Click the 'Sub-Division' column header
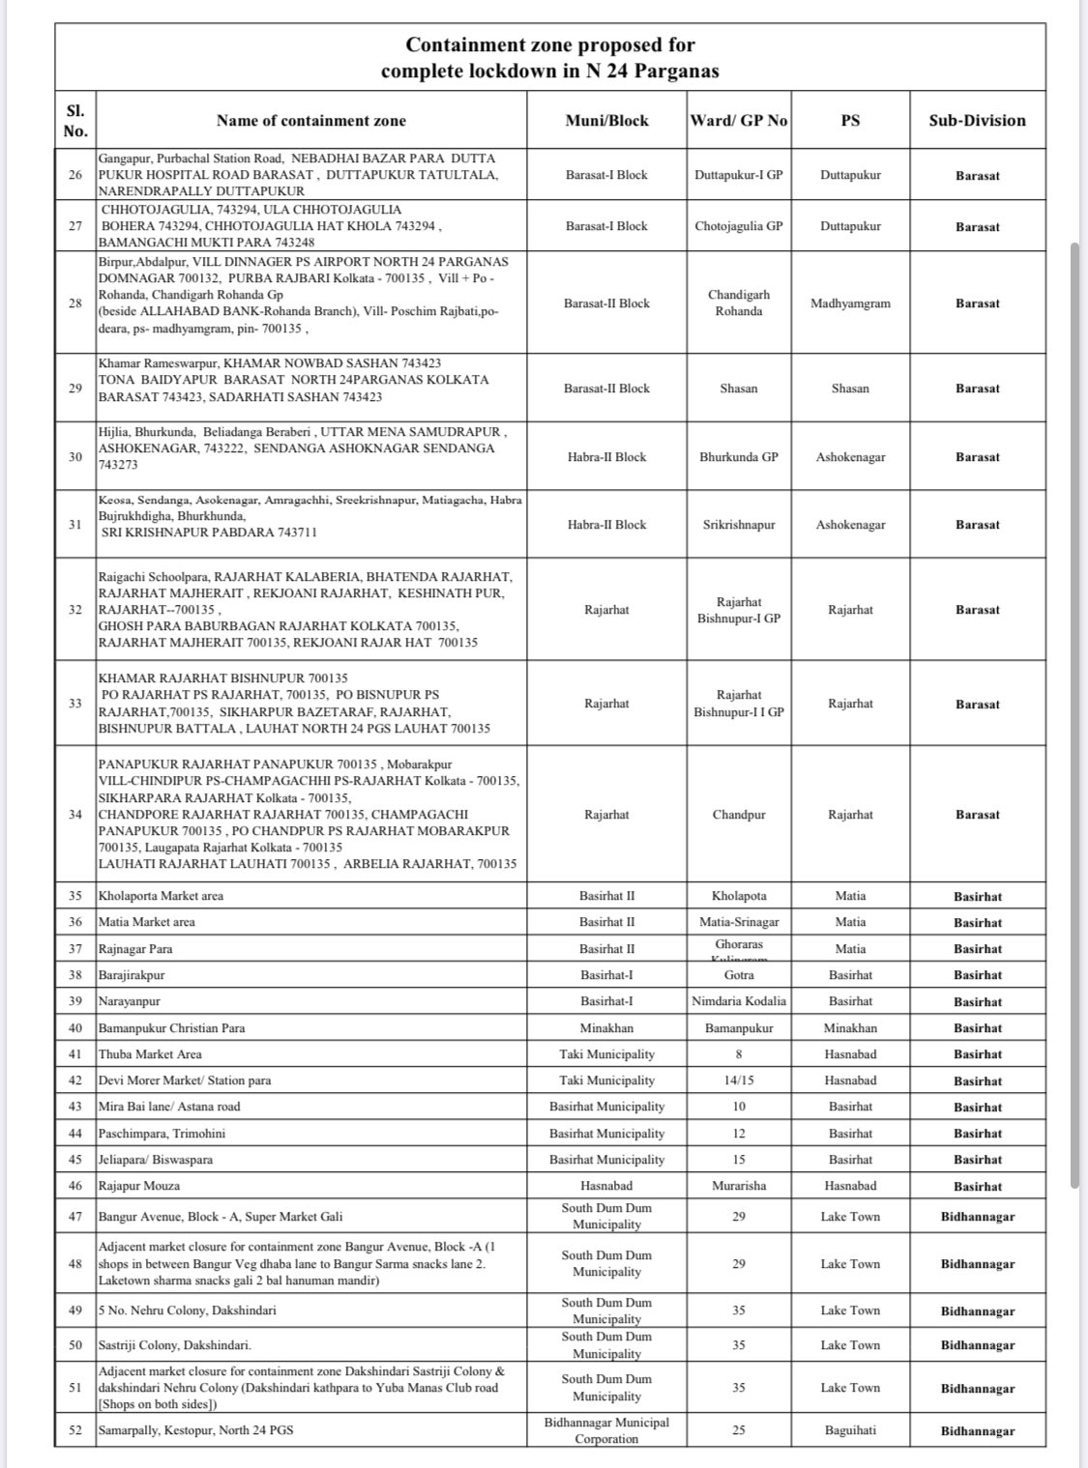tap(977, 121)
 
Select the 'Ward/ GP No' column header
tap(739, 121)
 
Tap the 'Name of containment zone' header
tap(311, 121)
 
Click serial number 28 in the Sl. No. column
tap(75, 303)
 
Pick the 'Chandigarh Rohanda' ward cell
tap(739, 303)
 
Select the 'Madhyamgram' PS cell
tap(850, 303)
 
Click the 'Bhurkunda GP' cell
tap(739, 457)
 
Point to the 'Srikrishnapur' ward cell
tap(739, 525)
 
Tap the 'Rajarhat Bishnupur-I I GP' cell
tap(739, 704)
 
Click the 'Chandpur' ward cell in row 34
tap(739, 815)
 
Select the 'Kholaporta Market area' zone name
tap(161, 896)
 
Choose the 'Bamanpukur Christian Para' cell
tap(171, 1028)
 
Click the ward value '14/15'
tap(739, 1080)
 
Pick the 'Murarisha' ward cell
tap(739, 1186)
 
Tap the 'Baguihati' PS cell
tap(850, 1430)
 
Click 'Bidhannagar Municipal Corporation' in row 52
tap(606, 1430)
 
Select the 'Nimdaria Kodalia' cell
tap(739, 1001)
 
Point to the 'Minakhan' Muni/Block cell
tap(606, 1028)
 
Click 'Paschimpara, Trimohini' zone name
tap(162, 1134)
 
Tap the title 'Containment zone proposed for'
tap(549, 44)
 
